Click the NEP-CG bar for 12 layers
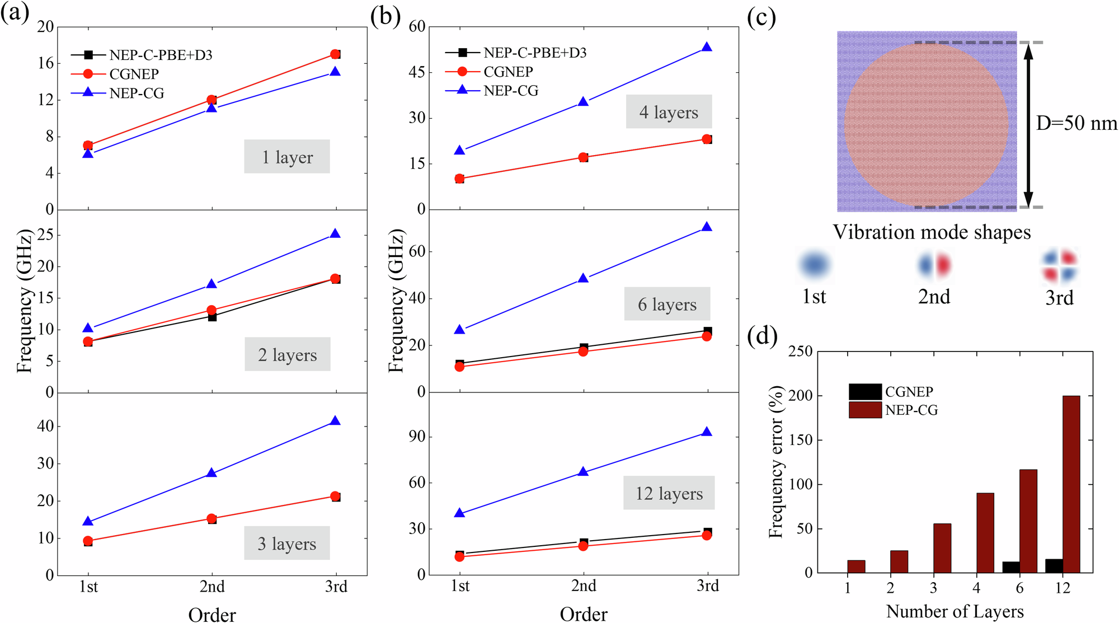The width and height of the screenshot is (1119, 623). [x=1071, y=484]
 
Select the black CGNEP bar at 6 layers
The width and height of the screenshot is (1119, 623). [x=1010, y=566]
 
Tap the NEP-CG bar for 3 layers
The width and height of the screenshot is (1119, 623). [x=942, y=548]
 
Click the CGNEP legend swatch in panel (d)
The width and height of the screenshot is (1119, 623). [x=864, y=391]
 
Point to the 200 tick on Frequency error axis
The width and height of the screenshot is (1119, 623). [x=800, y=396]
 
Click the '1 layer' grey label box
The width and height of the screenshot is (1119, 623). [x=286, y=157]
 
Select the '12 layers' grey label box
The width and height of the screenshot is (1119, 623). [x=669, y=493]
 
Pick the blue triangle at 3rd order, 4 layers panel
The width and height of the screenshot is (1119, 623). [x=707, y=47]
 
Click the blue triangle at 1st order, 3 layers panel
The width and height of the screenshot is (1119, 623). [x=88, y=521]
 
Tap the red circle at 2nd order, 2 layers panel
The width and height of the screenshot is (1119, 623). [x=211, y=310]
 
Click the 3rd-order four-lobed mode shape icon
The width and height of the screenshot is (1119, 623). [x=1059, y=266]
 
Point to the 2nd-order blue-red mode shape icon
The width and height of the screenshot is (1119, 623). [x=934, y=265]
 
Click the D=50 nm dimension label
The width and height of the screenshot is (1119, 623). [x=1076, y=123]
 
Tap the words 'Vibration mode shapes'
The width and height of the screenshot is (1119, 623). [x=932, y=232]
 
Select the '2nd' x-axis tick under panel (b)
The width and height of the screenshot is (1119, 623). [x=583, y=585]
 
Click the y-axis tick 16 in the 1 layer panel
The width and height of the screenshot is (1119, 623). [x=46, y=63]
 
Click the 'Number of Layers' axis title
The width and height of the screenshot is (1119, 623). [x=955, y=611]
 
